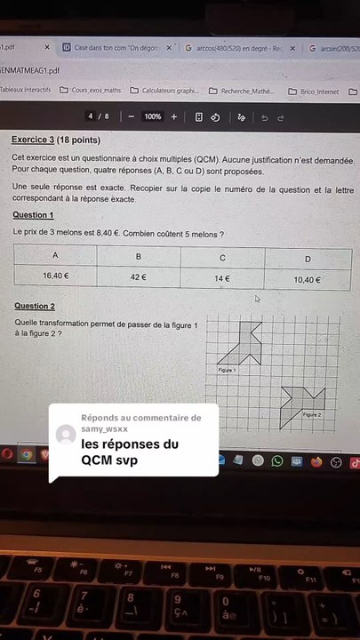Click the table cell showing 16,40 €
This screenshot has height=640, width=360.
click(55, 276)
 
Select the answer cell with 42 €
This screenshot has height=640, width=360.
click(138, 277)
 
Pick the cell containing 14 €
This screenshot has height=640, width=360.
click(222, 278)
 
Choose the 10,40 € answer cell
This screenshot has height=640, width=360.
click(308, 280)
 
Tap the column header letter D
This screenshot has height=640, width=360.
click(308, 259)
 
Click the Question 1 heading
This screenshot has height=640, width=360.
click(33, 215)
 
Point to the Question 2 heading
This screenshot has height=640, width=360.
click(35, 306)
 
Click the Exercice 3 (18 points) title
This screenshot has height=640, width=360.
click(56, 140)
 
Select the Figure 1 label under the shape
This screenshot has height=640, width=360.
click(227, 369)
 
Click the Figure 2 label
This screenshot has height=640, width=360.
click(311, 414)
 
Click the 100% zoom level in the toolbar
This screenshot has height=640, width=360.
click(152, 116)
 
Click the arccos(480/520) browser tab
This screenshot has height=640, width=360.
click(236, 48)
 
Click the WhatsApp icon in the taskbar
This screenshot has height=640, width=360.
click(277, 460)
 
